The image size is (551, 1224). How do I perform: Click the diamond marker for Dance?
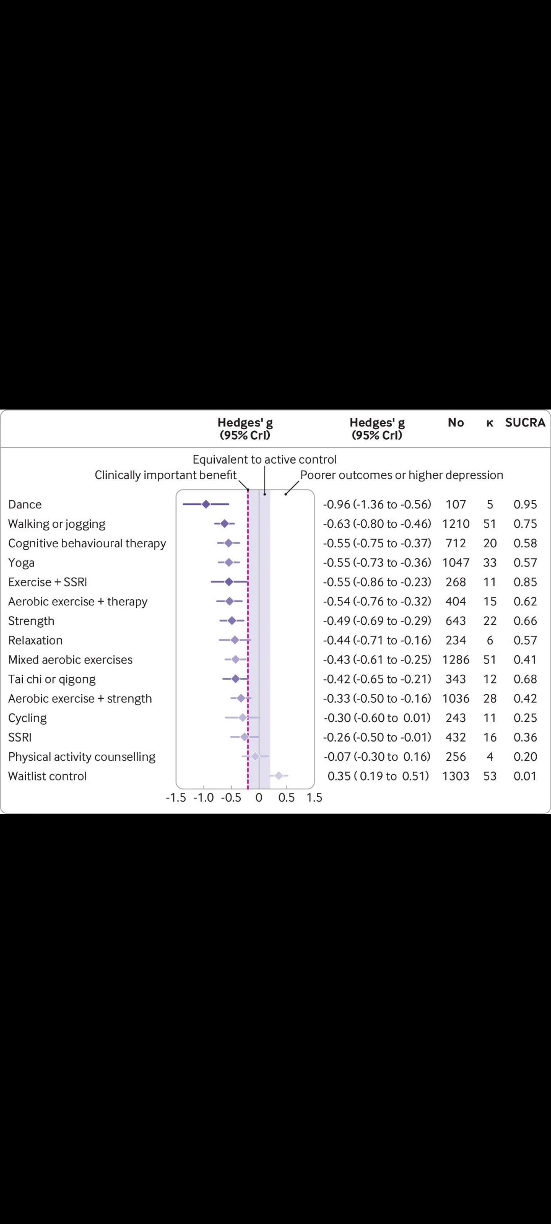[206, 504]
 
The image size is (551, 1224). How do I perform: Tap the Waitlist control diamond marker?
[279, 776]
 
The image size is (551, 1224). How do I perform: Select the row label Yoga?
[21, 563]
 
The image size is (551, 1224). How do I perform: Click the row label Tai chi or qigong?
[52, 679]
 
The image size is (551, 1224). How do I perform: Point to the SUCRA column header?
[525, 422]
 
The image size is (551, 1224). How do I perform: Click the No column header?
[456, 422]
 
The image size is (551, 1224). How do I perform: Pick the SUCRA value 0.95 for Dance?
[525, 504]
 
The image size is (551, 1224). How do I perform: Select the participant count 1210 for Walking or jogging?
[456, 524]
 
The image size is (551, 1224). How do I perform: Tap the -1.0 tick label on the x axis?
[204, 798]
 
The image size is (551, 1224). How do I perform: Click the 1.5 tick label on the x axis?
[314, 798]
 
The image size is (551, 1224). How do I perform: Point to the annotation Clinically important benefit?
[165, 475]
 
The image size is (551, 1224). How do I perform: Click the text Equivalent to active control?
[264, 460]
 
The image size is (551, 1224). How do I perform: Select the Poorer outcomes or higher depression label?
[402, 475]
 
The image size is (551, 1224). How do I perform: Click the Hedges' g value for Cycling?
[377, 718]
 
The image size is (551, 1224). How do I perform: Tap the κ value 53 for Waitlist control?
[490, 776]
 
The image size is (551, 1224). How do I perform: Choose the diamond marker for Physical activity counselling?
[255, 756]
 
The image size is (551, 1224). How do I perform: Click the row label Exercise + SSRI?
[47, 582]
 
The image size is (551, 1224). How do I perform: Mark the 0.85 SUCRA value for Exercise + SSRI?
[525, 582]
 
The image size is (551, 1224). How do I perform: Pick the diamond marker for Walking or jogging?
[224, 524]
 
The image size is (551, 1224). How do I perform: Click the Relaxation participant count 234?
[456, 640]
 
